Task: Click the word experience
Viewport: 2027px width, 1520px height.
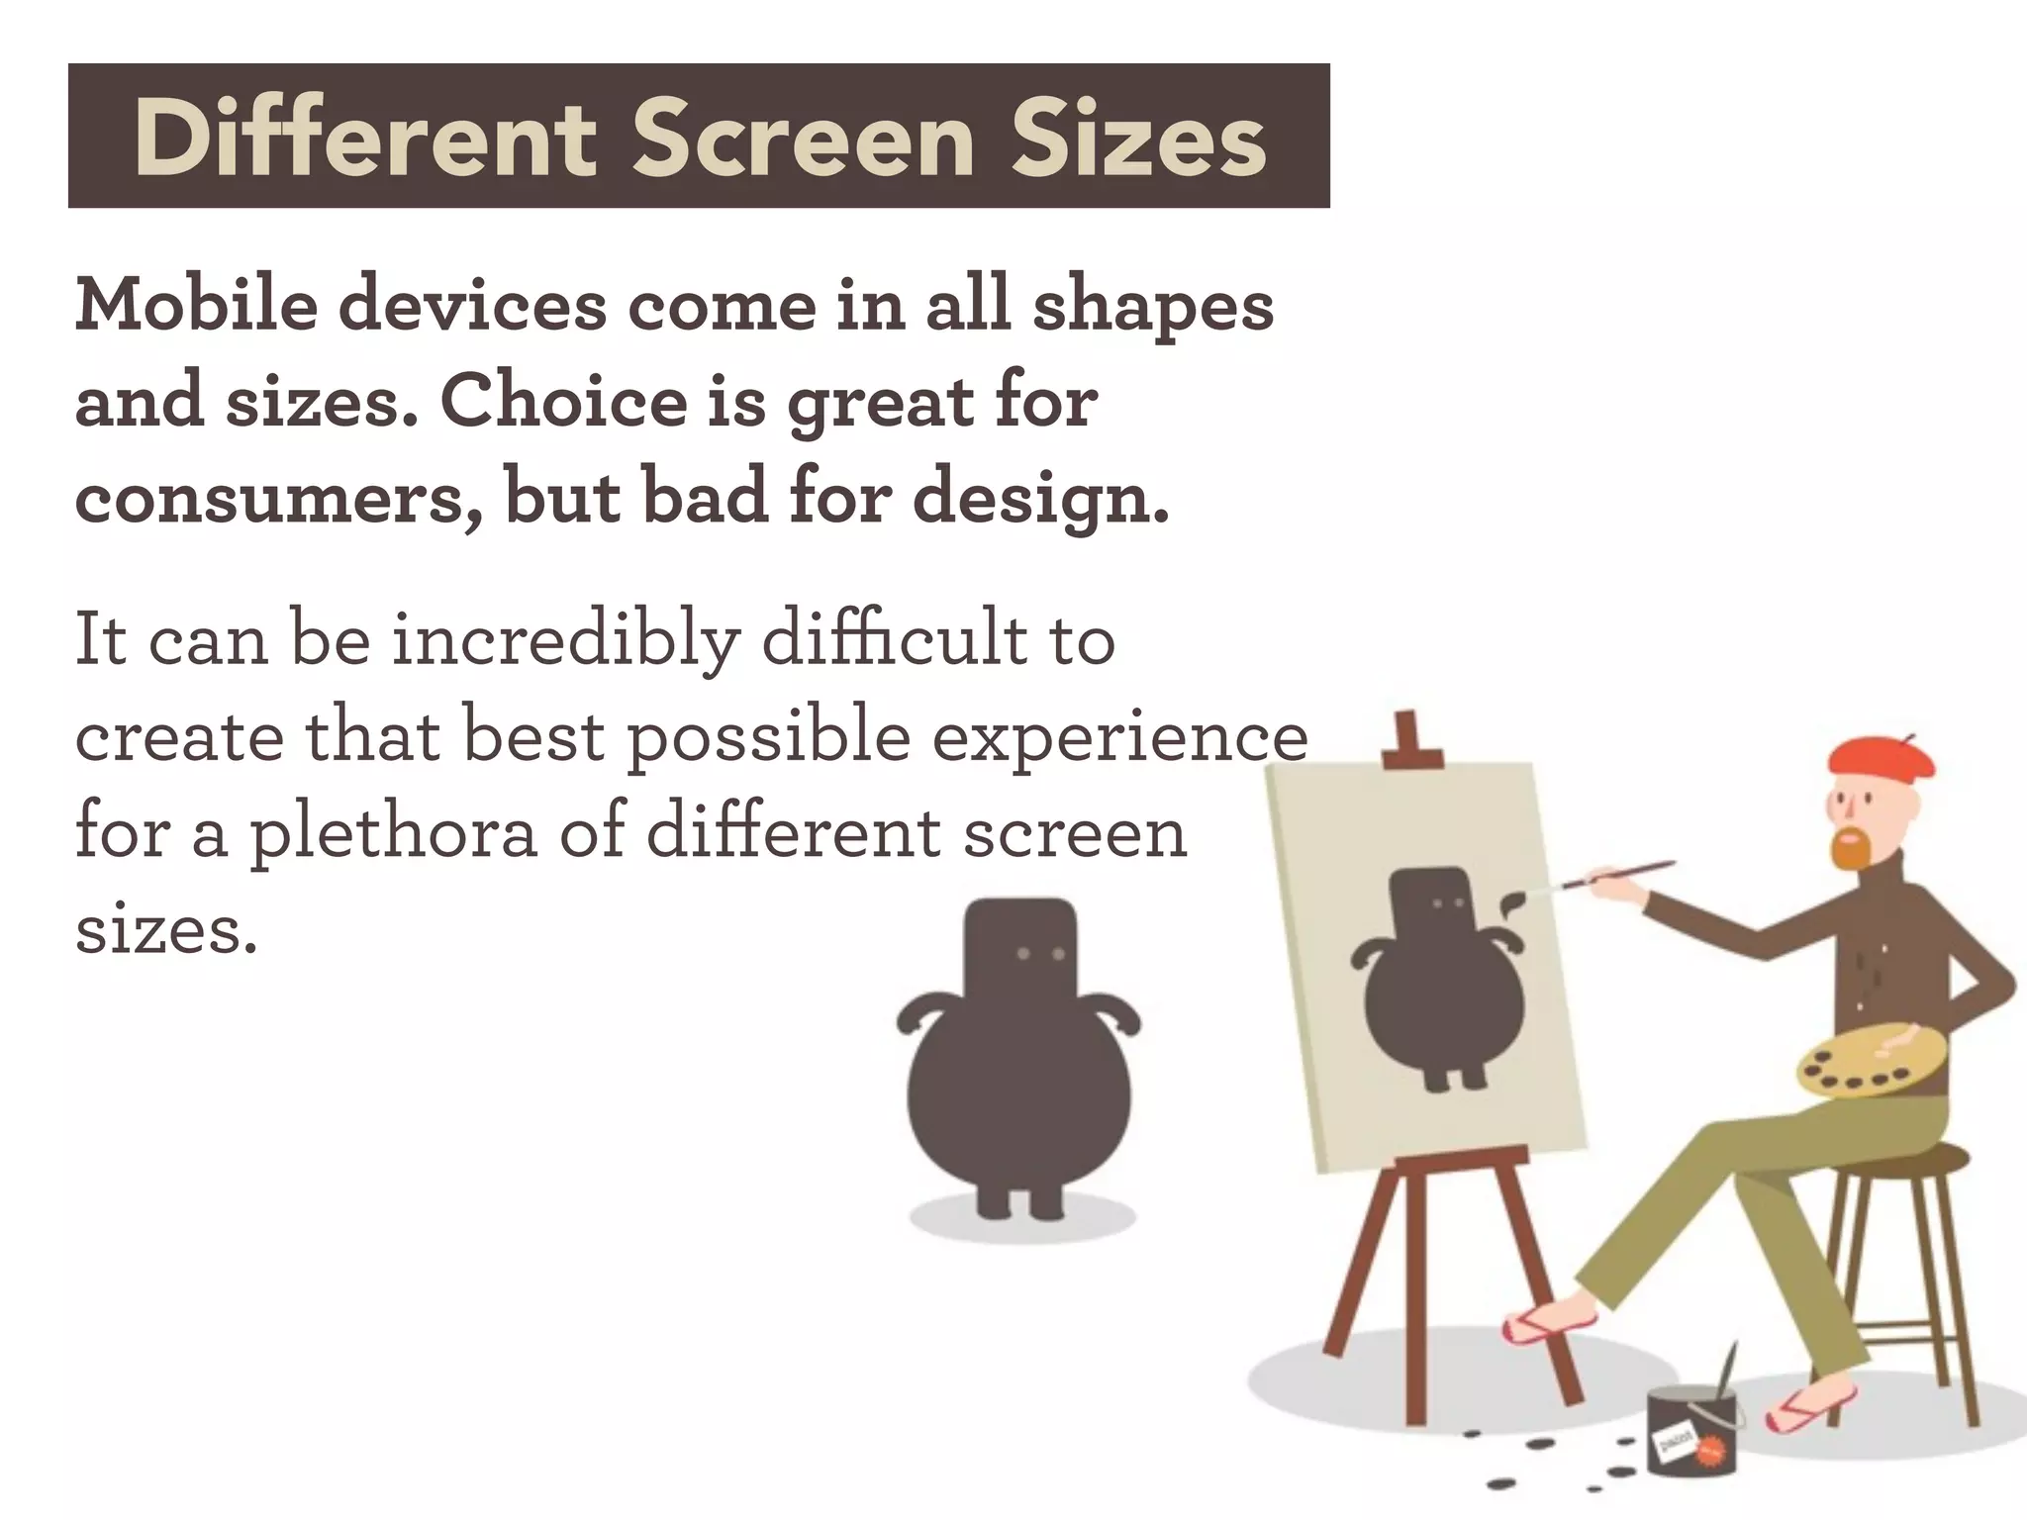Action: (x=1119, y=738)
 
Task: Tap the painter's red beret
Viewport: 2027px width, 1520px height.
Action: (x=1881, y=757)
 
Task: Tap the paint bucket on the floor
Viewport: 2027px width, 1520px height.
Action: (x=1691, y=1431)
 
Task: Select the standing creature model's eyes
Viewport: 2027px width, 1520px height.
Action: (x=1040, y=954)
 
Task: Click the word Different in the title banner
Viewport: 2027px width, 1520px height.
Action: (x=365, y=141)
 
